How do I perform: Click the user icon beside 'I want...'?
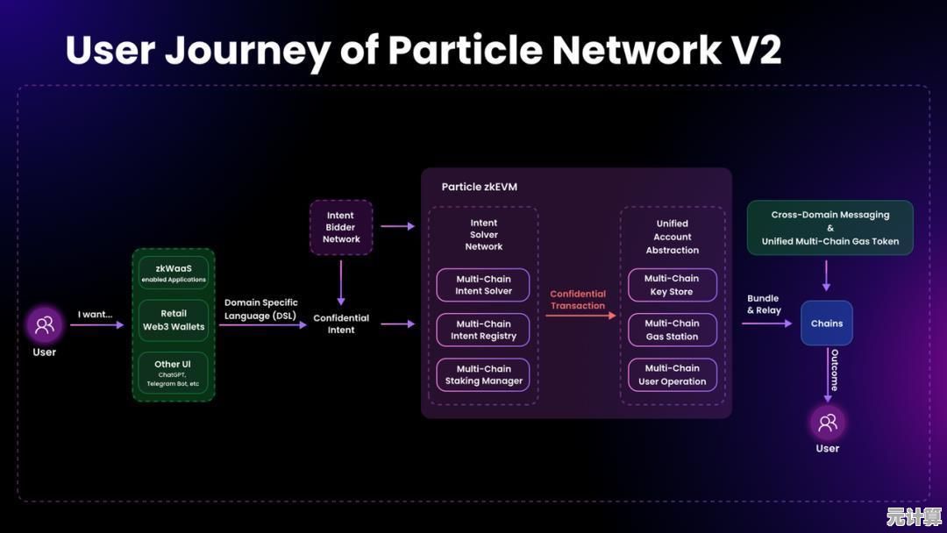tap(44, 324)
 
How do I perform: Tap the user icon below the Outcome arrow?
tap(827, 423)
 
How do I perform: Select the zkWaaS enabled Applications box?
tap(174, 273)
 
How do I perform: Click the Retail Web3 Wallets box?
tap(174, 320)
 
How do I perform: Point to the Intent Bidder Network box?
tap(341, 227)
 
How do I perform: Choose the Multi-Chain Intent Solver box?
tap(483, 285)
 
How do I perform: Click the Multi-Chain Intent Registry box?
tap(483, 330)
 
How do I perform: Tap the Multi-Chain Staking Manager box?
tap(483, 374)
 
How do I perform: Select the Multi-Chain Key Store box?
tap(673, 285)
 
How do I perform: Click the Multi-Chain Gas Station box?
tap(673, 330)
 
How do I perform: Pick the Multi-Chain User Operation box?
tap(673, 374)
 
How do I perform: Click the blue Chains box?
tap(827, 323)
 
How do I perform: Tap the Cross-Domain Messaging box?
tap(830, 228)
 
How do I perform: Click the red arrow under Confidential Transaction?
tap(580, 316)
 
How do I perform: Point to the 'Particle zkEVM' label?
tap(479, 187)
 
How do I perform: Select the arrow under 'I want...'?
tap(97, 325)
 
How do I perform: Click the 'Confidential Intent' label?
tap(341, 323)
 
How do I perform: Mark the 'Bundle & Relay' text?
tap(764, 304)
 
